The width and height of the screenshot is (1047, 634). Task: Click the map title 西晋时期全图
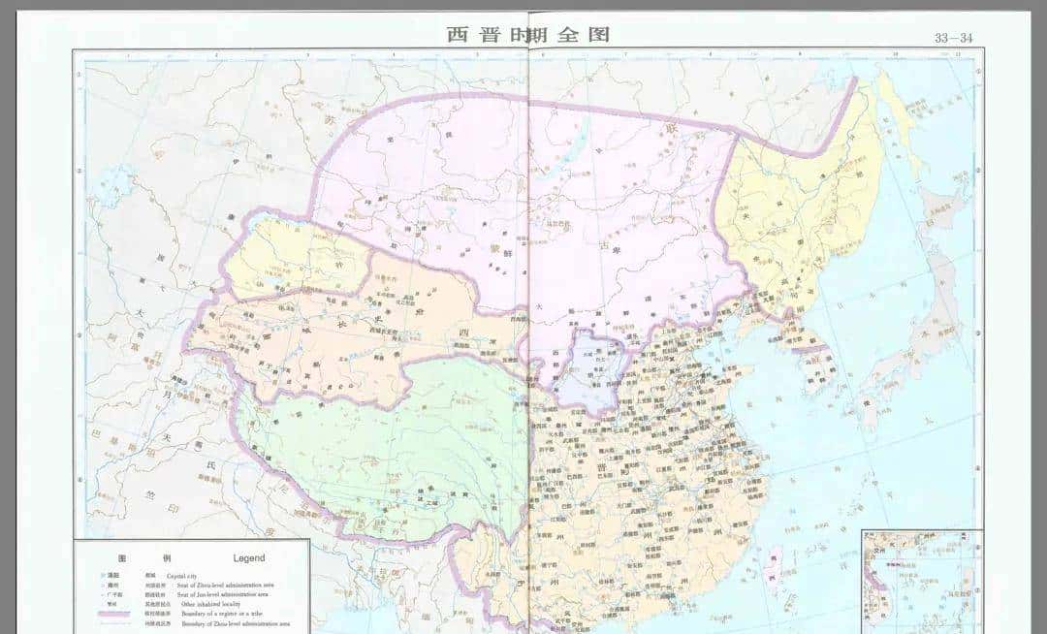point(528,34)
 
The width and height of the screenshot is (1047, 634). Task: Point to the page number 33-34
point(953,38)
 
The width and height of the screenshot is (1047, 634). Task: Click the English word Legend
point(248,558)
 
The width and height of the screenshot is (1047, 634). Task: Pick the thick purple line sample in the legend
point(114,615)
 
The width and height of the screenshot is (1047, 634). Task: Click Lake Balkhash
point(121,178)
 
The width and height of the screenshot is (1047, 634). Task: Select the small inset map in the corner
point(921,580)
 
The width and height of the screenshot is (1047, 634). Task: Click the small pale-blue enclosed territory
point(595,364)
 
